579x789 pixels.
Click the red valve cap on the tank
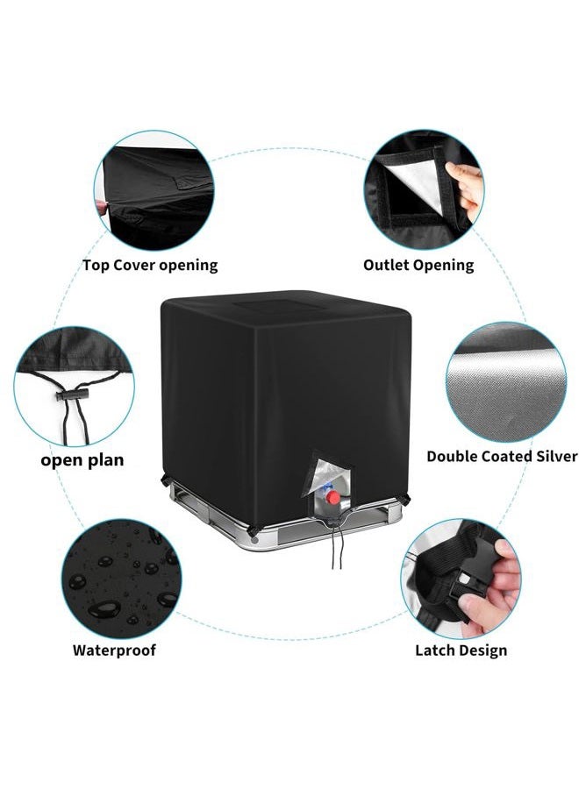332,497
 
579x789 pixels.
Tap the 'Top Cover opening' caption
150,265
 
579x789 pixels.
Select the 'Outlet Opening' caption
418,265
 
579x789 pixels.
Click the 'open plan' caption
82,460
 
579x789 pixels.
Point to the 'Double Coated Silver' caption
502,457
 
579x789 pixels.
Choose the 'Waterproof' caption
114,650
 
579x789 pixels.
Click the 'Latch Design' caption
461,650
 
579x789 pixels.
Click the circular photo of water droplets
121,579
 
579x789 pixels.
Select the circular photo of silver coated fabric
506,382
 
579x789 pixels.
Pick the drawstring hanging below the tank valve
337,546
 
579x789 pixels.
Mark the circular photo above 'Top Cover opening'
154,190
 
